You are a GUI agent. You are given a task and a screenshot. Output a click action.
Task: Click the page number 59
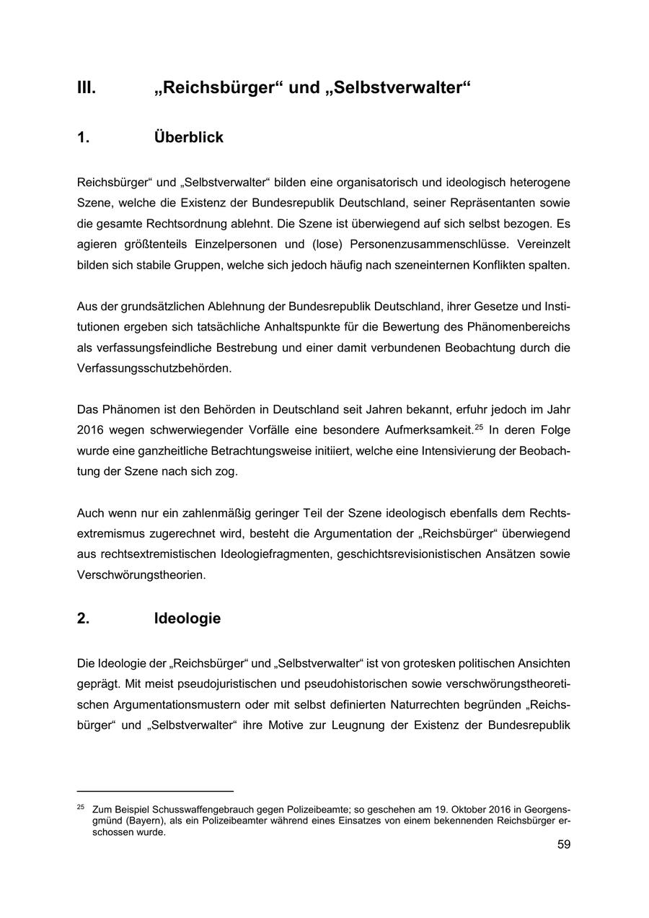coord(563,844)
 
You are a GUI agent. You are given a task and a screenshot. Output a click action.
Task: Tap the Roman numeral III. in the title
coord(87,88)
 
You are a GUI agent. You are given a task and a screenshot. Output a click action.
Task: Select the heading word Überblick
coord(188,137)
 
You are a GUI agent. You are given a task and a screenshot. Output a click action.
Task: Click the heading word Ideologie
coord(187,618)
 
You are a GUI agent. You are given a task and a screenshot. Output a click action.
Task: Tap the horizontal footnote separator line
coord(155,791)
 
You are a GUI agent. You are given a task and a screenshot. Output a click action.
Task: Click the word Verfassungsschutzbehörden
coord(154,368)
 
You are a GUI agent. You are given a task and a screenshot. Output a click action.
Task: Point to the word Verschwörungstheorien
coord(141,575)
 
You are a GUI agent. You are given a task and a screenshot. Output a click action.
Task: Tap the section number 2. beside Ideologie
coord(84,618)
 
